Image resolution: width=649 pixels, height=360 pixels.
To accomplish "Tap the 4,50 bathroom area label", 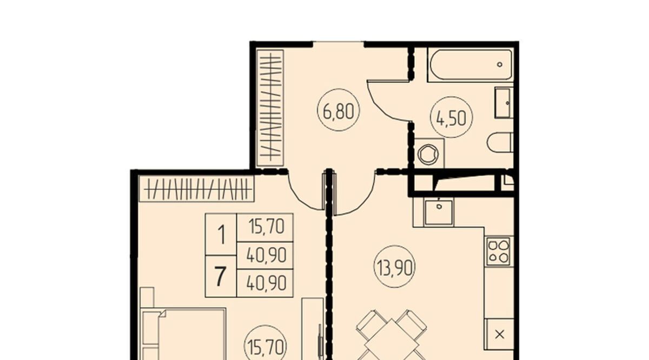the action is click(x=452, y=117).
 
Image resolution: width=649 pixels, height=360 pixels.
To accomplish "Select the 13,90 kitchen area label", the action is click(x=394, y=266).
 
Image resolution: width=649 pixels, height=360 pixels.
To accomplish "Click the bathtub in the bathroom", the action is click(x=471, y=65).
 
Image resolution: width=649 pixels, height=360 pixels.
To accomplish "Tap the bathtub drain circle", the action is click(x=500, y=64).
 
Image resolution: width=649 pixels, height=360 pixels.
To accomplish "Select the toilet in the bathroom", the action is click(x=500, y=143).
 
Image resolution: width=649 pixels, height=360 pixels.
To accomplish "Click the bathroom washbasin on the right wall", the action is click(x=504, y=103).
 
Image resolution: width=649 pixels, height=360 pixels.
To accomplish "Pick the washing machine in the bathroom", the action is click(x=429, y=154).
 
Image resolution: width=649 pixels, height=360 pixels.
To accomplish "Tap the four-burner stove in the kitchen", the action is click(x=498, y=252).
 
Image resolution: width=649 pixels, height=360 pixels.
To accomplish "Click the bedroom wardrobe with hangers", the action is click(x=197, y=189).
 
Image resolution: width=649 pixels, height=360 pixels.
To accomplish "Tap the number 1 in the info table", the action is click(x=222, y=235).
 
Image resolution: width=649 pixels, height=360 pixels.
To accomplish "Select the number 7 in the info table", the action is click(x=220, y=277).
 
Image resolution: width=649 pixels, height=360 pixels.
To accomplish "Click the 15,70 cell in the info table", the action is click(x=266, y=228).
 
